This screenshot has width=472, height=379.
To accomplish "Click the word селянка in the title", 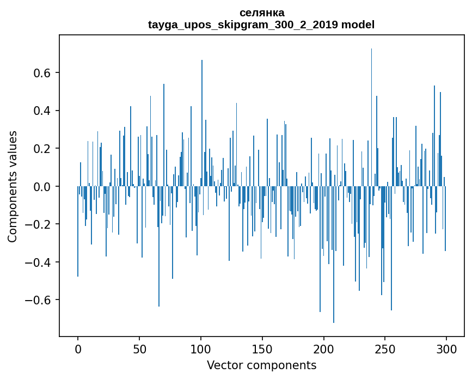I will [x=261, y=13].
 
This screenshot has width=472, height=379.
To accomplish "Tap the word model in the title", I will [x=358, y=25].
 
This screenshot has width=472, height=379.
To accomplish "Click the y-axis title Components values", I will [x=13, y=186].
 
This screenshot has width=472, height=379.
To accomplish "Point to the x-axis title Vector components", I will [x=261, y=365].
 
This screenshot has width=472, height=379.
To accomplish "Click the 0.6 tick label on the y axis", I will [x=41, y=73].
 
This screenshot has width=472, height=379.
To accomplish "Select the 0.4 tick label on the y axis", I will [x=41, y=111].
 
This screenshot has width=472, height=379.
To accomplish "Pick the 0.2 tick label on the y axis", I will [x=41, y=149].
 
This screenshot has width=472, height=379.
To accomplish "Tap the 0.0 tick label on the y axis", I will [x=41, y=187].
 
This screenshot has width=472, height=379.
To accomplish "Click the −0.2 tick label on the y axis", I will [x=38, y=224].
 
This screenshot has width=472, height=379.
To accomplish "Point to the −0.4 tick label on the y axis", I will [x=38, y=262].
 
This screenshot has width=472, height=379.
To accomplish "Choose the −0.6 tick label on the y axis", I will [x=38, y=300].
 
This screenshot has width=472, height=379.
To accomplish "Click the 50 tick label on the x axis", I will [x=139, y=349].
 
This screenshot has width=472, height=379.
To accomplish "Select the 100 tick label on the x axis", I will [x=201, y=349].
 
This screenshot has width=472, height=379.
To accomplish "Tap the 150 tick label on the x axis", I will [x=262, y=349].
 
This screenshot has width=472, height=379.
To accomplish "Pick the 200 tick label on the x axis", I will [x=324, y=349].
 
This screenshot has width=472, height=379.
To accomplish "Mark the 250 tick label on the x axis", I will [x=385, y=349].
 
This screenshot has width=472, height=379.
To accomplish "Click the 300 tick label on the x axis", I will [x=446, y=349].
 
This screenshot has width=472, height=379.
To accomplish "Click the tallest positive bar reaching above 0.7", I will [x=371, y=109].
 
